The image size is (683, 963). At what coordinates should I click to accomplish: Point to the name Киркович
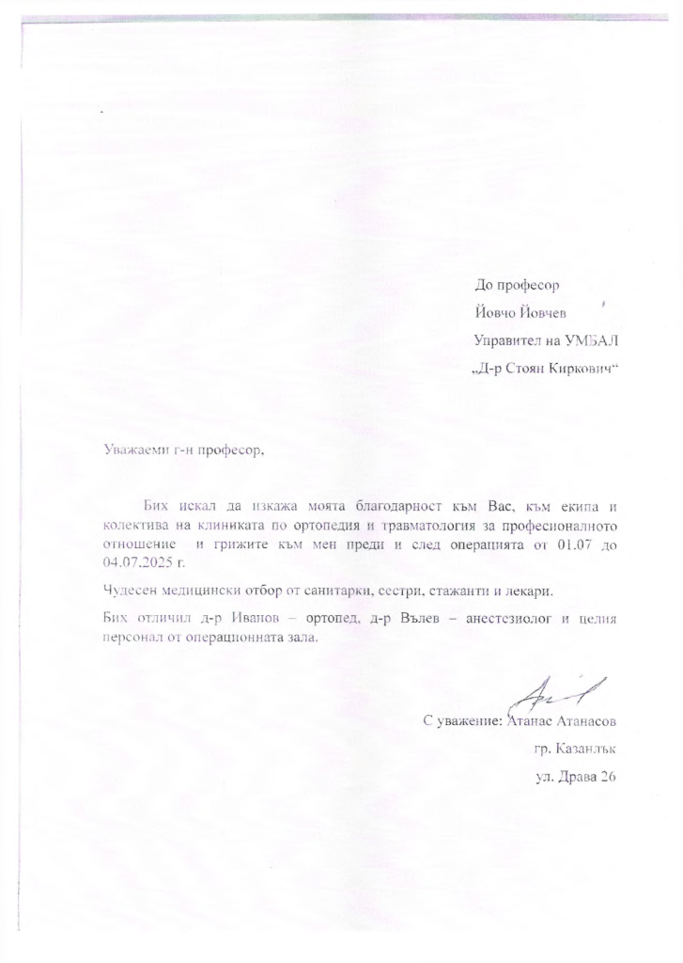click(577, 365)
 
